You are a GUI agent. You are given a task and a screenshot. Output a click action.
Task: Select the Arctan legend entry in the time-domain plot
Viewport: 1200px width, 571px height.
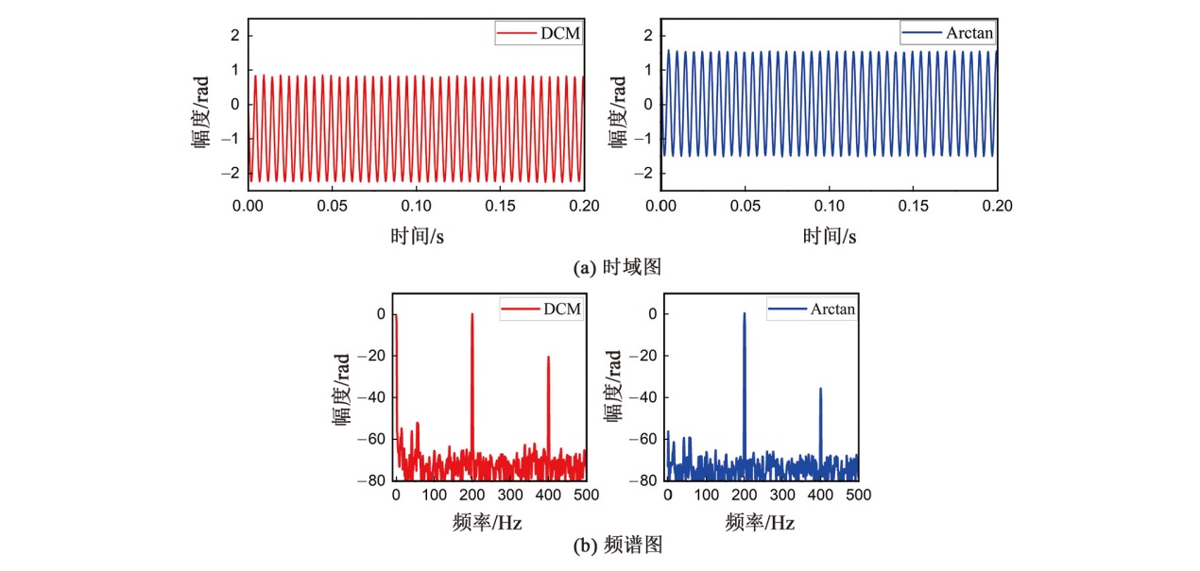coord(950,34)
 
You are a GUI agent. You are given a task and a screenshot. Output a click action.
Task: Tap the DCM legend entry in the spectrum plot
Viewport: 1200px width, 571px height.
coord(541,310)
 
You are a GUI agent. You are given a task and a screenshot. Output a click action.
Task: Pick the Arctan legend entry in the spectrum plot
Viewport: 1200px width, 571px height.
coord(812,310)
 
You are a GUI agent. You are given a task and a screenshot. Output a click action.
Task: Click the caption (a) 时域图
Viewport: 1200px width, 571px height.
coord(618,267)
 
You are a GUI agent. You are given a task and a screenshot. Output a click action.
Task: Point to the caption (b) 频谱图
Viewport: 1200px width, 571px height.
coord(618,545)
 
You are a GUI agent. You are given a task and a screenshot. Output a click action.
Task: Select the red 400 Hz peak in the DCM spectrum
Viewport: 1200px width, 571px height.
coord(548,360)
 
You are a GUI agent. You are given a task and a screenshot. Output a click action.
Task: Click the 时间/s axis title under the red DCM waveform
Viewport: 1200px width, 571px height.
coord(416,237)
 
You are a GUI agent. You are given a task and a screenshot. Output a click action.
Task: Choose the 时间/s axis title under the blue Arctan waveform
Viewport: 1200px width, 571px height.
coord(830,237)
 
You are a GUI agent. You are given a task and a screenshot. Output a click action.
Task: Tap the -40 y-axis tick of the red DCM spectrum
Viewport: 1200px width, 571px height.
coord(376,397)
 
